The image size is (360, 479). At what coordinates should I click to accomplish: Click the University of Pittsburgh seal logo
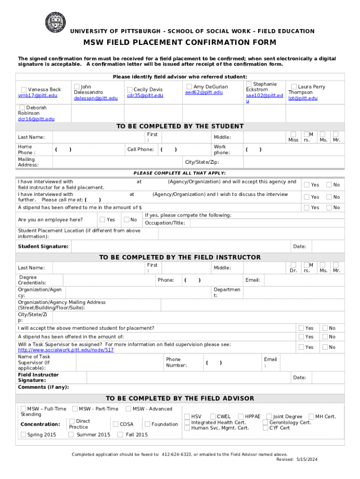[55, 22]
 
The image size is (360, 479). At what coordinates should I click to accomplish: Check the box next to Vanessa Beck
[23, 90]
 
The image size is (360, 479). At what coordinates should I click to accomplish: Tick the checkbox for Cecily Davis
[130, 90]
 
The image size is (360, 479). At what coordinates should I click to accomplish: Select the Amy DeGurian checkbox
[189, 87]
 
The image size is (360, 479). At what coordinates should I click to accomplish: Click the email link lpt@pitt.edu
[302, 98]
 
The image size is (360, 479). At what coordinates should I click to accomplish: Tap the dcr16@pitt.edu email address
[36, 119]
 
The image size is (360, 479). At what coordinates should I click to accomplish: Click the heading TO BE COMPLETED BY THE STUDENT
[180, 126]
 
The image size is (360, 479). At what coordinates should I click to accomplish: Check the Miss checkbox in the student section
[293, 134]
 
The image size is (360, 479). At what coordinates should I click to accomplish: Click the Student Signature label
[43, 247]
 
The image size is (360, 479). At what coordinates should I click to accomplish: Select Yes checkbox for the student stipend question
[307, 207]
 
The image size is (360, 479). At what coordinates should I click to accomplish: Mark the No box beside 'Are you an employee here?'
[126, 219]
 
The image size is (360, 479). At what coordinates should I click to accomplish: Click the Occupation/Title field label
[165, 223]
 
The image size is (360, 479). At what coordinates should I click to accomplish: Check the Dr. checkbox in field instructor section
[293, 265]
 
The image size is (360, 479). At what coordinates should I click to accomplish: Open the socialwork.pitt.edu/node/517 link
[65, 350]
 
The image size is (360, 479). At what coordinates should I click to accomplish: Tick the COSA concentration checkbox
[115, 424]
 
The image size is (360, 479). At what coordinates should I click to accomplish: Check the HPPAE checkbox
[241, 416]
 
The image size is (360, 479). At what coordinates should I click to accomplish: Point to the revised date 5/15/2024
[306, 460]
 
